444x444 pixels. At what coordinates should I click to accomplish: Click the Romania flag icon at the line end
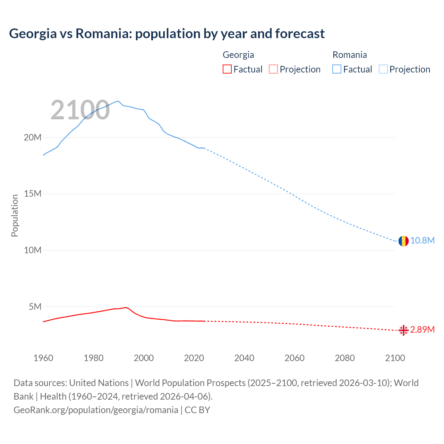click(403, 241)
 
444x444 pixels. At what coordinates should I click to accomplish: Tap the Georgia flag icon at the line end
click(403, 330)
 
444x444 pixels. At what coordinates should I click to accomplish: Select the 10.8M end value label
click(422, 241)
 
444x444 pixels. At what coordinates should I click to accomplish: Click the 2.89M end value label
click(422, 330)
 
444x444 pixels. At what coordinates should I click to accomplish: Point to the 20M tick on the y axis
click(33, 138)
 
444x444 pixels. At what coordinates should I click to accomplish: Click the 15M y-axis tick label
click(33, 194)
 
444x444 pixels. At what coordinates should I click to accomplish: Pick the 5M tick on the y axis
click(35, 307)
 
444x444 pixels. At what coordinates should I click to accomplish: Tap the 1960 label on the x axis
click(43, 358)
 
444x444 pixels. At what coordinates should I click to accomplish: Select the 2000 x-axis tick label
click(144, 358)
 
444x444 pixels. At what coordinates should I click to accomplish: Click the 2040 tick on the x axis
click(244, 358)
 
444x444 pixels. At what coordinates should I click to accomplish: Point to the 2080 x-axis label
click(345, 358)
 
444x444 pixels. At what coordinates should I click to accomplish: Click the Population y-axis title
click(15, 215)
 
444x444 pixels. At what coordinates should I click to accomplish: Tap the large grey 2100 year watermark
click(80, 110)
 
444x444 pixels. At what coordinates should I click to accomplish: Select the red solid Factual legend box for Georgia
click(227, 69)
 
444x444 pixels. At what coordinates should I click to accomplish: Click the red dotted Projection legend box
click(273, 69)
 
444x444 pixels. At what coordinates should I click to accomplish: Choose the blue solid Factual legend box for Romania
click(337, 69)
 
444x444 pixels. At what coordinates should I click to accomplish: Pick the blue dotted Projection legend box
click(383, 69)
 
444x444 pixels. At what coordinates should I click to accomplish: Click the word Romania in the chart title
click(103, 34)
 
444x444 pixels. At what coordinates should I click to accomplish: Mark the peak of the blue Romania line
click(118, 101)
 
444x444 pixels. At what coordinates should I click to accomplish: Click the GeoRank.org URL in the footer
click(96, 410)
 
